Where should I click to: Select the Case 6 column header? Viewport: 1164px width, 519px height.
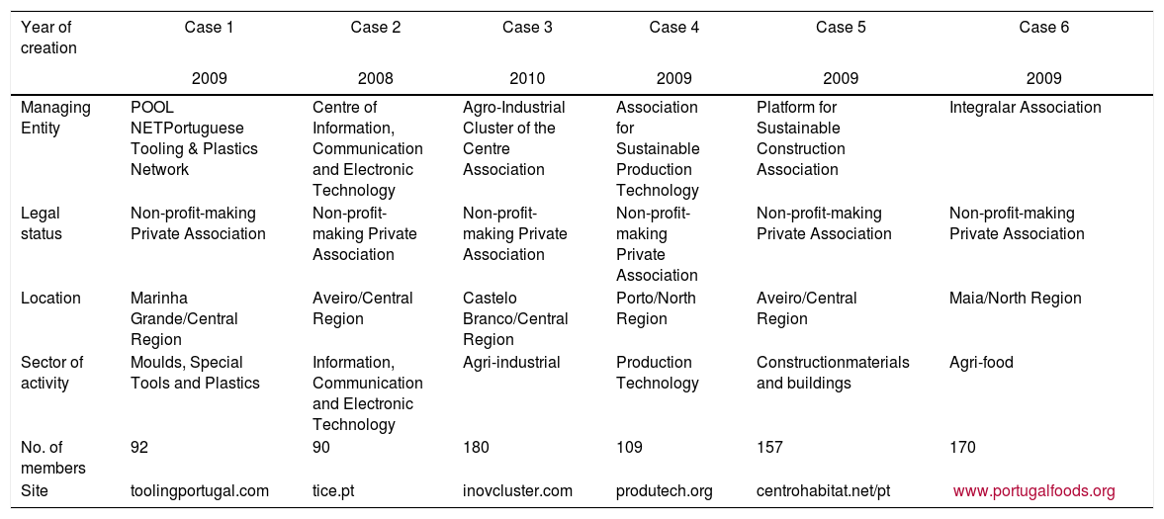pyautogui.click(x=1043, y=28)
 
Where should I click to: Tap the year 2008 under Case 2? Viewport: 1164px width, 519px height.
pyautogui.click(x=376, y=77)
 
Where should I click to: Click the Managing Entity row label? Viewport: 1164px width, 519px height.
pyautogui.click(x=54, y=118)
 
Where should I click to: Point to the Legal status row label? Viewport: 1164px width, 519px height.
pyautogui.click(x=41, y=223)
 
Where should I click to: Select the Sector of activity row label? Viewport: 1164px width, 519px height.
pyautogui.click(x=51, y=373)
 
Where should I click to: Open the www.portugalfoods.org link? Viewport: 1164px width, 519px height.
pyautogui.click(x=1033, y=490)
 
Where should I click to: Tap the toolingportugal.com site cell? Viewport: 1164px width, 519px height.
pyautogui.click(x=200, y=490)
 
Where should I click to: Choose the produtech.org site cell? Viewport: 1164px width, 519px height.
pyautogui.click(x=664, y=490)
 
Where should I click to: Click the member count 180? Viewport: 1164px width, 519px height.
pyautogui.click(x=476, y=447)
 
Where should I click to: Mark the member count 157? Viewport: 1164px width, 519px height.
pyautogui.click(x=769, y=447)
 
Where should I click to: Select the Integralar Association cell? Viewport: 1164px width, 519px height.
pyautogui.click(x=1025, y=107)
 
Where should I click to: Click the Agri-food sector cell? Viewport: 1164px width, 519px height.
pyautogui.click(x=981, y=362)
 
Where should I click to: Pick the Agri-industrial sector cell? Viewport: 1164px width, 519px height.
pyautogui.click(x=511, y=362)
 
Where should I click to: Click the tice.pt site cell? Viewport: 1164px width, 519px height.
pyautogui.click(x=330, y=490)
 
